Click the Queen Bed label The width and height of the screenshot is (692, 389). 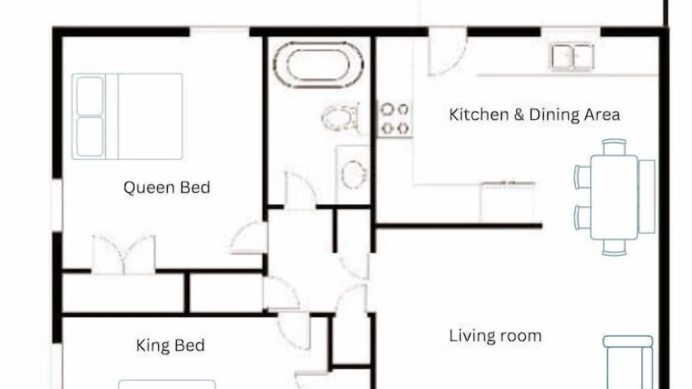167,187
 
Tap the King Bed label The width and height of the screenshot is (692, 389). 170,345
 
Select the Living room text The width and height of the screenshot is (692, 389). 495,336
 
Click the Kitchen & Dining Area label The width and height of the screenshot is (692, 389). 535,115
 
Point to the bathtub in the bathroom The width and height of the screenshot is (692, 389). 318,65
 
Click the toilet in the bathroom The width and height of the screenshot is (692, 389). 341,118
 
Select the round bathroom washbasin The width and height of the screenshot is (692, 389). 354,175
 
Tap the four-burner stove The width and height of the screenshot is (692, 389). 395,118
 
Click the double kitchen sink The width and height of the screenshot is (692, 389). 573,57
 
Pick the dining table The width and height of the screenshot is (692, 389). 614,198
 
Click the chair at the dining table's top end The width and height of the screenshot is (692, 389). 614,147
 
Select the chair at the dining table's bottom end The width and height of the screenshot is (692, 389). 614,248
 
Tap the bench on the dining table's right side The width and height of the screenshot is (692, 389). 647,197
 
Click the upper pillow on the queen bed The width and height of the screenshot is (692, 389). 90,96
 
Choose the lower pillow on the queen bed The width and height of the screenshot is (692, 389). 90,137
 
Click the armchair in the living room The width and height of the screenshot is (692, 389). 628,363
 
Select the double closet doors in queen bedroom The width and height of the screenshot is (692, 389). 124,254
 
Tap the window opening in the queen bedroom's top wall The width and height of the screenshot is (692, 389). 219,31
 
